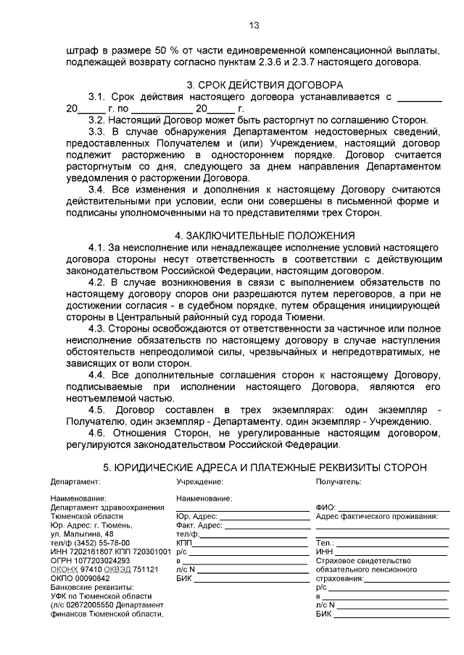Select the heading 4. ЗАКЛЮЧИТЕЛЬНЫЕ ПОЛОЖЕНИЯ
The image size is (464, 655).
click(x=265, y=235)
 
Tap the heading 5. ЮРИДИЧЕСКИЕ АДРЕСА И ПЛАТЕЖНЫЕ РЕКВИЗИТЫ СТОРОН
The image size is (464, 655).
click(x=265, y=467)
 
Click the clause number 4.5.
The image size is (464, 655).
click(x=97, y=410)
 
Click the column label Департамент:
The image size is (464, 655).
click(x=75, y=481)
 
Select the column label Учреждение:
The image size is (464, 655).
click(x=199, y=481)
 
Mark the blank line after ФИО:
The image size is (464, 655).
click(x=392, y=509)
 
